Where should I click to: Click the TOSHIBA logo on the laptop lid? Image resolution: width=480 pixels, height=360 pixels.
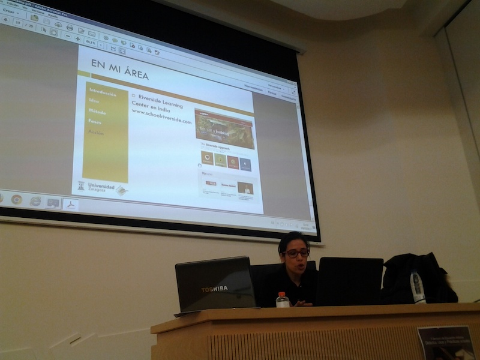pos(214,289)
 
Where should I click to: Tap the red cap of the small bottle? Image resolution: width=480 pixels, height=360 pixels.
pos(282,295)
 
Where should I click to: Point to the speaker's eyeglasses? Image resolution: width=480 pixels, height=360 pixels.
pos(296,253)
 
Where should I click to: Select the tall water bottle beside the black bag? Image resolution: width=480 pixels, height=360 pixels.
pos(417,286)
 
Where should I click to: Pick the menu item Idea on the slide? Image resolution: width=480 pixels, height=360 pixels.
pos(94,101)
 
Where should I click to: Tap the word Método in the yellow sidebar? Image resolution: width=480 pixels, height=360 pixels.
pos(97,112)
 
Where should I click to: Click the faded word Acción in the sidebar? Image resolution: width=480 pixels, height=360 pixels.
pos(95,132)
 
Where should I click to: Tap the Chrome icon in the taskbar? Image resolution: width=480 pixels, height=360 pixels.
pos(17,199)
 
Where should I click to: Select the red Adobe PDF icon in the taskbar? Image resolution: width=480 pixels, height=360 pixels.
pos(71,204)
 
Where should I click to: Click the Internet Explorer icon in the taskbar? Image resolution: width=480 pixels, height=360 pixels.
pos(35,201)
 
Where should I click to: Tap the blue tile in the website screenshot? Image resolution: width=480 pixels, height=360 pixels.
pos(245,163)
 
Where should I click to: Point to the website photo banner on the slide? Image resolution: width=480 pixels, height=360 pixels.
pos(224,128)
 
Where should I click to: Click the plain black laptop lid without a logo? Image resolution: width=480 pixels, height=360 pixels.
pos(350,281)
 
